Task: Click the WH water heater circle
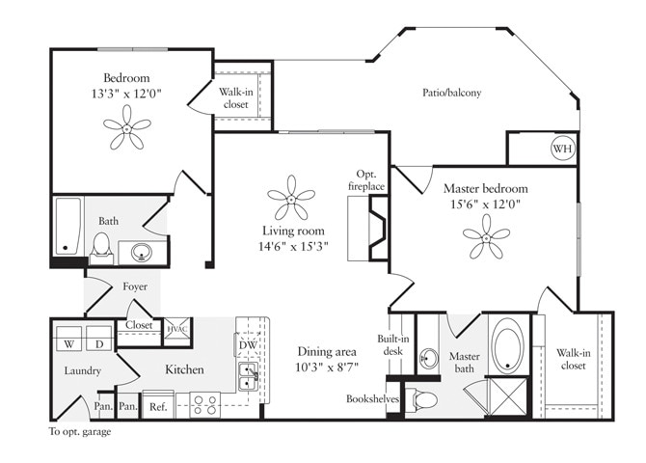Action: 561,150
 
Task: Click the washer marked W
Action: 69,343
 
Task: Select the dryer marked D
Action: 98,343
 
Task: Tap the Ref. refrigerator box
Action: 158,407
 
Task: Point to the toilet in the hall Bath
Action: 101,250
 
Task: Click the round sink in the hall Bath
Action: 142,254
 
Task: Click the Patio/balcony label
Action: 451,93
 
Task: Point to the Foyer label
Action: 134,286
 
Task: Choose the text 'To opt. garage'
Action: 80,432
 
